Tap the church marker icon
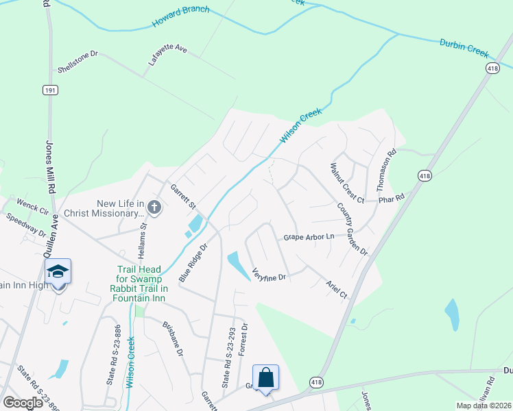(x=154, y=208)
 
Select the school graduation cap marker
(x=59, y=272)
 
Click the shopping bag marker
(x=265, y=377)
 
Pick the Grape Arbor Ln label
(x=309, y=237)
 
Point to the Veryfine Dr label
(x=269, y=274)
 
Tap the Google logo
(x=23, y=403)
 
